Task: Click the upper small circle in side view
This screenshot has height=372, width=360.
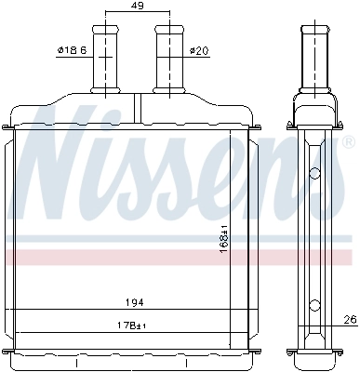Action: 314,172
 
